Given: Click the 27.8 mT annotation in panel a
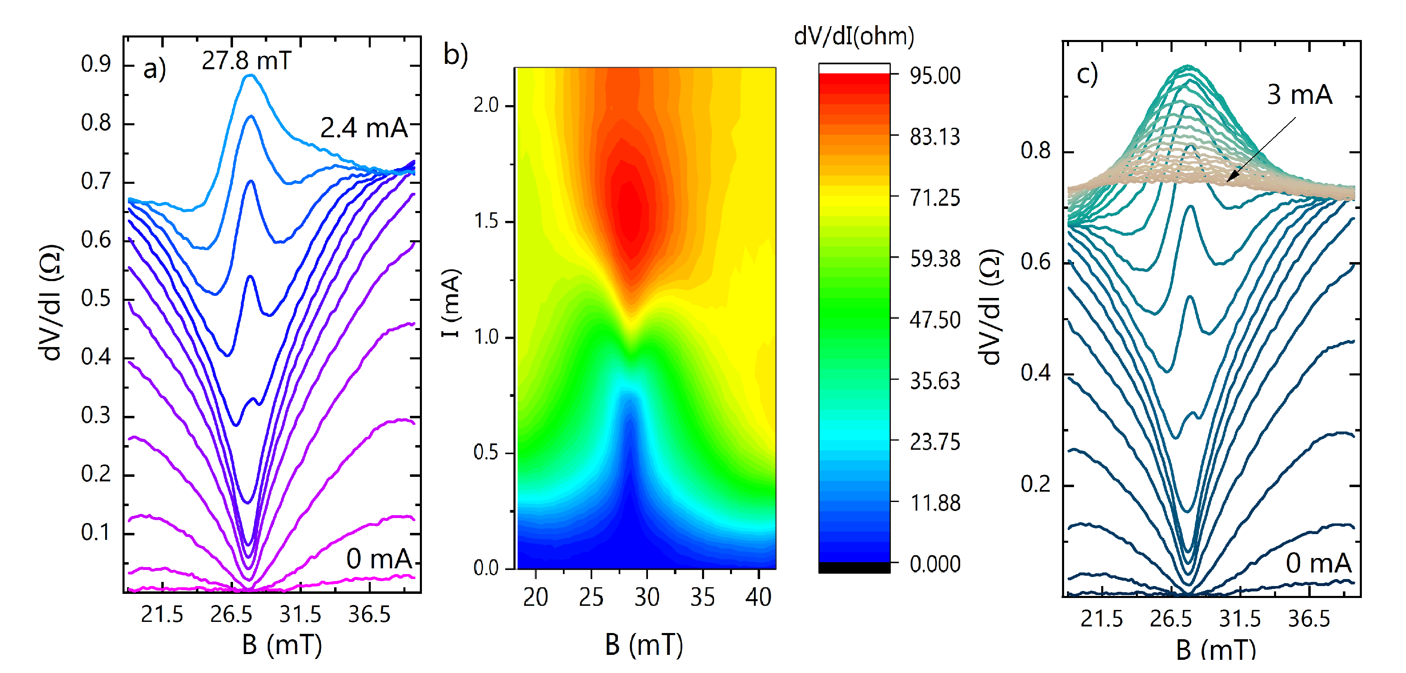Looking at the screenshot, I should pyautogui.click(x=246, y=60).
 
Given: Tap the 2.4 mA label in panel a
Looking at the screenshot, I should pyautogui.click(x=363, y=128).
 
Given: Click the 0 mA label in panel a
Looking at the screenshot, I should pyautogui.click(x=379, y=559).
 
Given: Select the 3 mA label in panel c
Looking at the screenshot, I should pyautogui.click(x=1299, y=95).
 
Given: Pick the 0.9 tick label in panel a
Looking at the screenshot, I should pyautogui.click(x=96, y=64).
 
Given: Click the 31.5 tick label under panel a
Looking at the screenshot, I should pyautogui.click(x=300, y=614).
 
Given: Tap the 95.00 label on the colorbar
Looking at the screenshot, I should pyautogui.click(x=935, y=75).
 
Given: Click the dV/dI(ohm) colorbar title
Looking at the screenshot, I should pyautogui.click(x=854, y=36).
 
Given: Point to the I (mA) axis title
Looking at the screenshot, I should pyautogui.click(x=451, y=303).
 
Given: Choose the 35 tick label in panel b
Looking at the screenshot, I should pyautogui.click(x=702, y=597).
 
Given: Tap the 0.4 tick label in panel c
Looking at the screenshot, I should pyautogui.click(x=1035, y=373).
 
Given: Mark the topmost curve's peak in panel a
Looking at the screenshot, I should pyautogui.click(x=250, y=76).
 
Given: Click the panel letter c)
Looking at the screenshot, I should pyautogui.click(x=1087, y=74).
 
